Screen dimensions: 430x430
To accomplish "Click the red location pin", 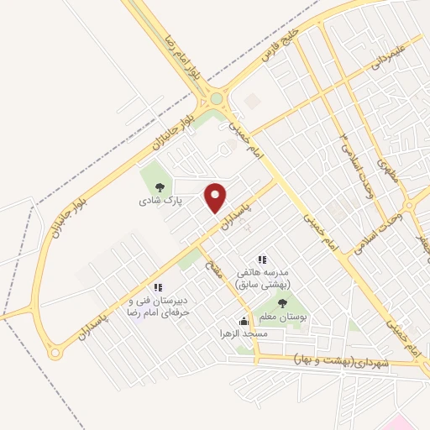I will click(x=217, y=197).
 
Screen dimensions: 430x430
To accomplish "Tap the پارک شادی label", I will click(x=158, y=202).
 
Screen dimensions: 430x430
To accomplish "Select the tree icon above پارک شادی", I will click(x=159, y=186).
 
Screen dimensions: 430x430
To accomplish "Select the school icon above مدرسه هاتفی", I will click(x=262, y=260).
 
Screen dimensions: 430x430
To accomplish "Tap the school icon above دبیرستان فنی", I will click(x=158, y=287).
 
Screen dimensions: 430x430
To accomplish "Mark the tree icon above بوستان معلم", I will click(x=283, y=302).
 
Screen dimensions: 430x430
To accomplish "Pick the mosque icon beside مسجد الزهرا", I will click(x=244, y=321).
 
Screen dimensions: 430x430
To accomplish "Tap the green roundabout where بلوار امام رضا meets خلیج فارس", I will click(x=217, y=98).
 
